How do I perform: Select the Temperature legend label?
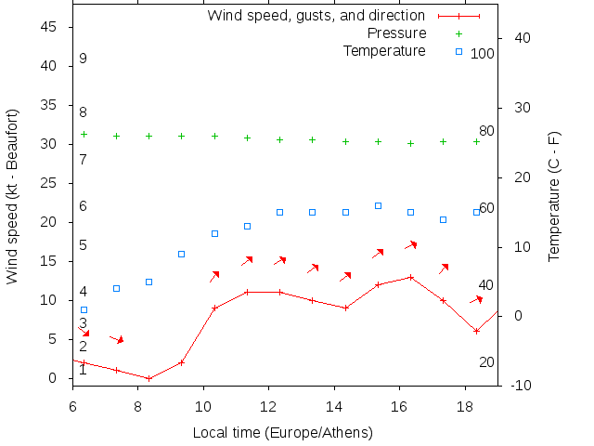384,50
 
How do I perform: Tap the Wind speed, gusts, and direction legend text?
316,16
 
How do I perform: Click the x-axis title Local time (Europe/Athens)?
282,433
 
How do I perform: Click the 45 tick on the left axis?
50,28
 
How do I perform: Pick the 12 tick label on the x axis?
268,406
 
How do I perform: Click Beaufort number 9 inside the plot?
83,59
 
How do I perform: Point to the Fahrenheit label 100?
483,54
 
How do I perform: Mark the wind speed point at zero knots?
148,378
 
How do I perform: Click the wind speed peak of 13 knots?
410,277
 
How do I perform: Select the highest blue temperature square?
378,205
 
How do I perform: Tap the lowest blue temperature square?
84,309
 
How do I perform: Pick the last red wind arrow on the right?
477,299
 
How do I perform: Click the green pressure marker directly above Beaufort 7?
84,134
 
